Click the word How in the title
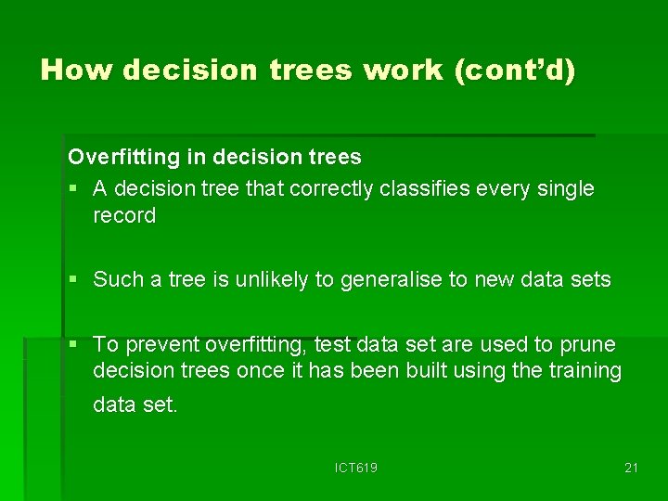pyautogui.click(x=77, y=71)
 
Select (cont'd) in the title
pyautogui.click(x=515, y=71)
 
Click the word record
pyautogui.click(x=124, y=216)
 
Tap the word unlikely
pyautogui.click(x=269, y=280)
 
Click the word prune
pyautogui.click(x=587, y=345)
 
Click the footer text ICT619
pyautogui.click(x=356, y=469)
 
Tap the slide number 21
pyautogui.click(x=631, y=469)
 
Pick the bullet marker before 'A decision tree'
pyautogui.click(x=74, y=189)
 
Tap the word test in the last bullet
pyautogui.click(x=330, y=345)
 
